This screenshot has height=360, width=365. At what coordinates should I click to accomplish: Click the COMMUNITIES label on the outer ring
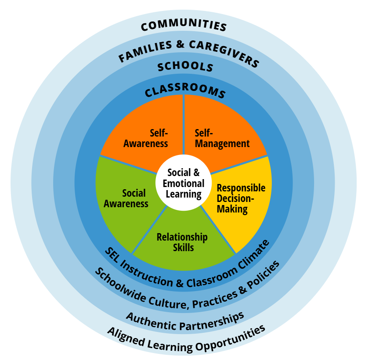184,25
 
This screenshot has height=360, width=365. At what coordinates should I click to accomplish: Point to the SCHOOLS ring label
185,67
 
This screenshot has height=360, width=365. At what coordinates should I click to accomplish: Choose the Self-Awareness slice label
146,138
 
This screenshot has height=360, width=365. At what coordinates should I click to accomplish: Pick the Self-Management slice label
222,138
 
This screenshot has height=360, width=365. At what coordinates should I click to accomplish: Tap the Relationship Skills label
182,242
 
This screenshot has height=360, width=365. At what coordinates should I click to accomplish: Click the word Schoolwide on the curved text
116,285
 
